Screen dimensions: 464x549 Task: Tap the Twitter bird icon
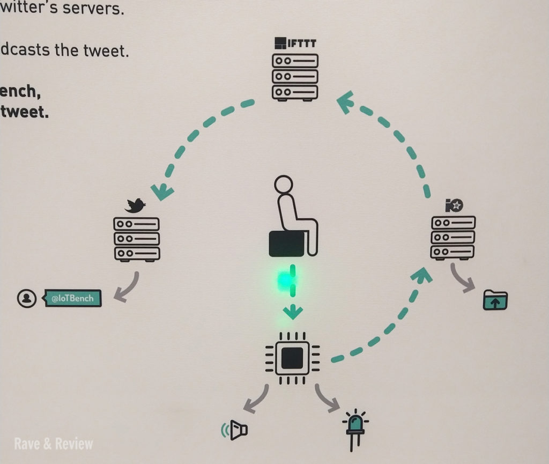[x=136, y=205]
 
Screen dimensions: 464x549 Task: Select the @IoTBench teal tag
[x=73, y=298]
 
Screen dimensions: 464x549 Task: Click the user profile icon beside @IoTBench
[x=26, y=298]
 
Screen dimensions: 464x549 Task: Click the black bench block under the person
[x=287, y=243]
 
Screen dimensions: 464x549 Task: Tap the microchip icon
[x=292, y=357]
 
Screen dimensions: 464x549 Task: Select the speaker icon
[x=235, y=430]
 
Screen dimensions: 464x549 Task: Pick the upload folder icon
[x=495, y=300]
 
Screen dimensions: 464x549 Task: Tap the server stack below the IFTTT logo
[x=295, y=77]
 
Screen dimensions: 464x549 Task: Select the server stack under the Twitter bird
[x=137, y=239]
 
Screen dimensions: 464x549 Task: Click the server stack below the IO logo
[x=453, y=238]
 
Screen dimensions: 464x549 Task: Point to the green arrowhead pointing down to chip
[x=292, y=311]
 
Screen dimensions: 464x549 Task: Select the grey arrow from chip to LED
[x=327, y=397]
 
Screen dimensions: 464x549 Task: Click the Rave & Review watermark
[x=54, y=444]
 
